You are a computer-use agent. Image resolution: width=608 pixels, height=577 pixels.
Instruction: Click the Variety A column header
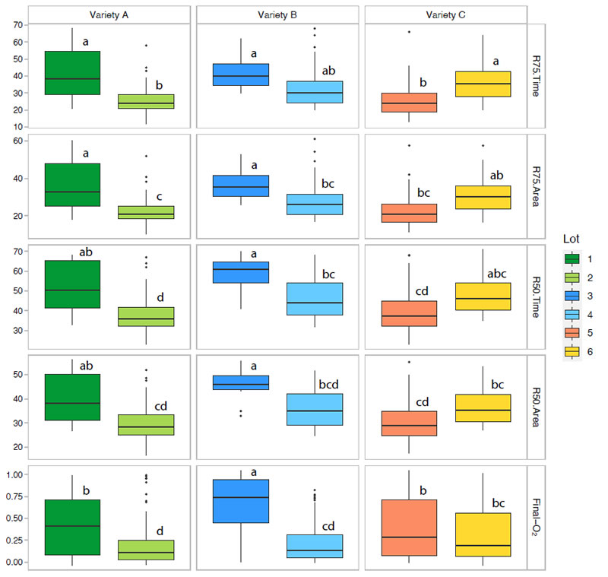pyautogui.click(x=110, y=14)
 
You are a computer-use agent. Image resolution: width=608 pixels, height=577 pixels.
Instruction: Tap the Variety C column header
pyautogui.click(x=446, y=14)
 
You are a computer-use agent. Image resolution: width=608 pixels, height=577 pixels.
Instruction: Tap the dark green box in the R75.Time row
pyautogui.click(x=72, y=72)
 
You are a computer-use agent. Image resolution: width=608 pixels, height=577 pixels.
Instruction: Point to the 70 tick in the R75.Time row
pyautogui.click(x=17, y=25)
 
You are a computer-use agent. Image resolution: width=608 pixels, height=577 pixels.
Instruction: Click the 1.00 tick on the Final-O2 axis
pyautogui.click(x=14, y=474)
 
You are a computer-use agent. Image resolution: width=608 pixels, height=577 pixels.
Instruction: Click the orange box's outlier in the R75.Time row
pyautogui.click(x=410, y=32)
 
